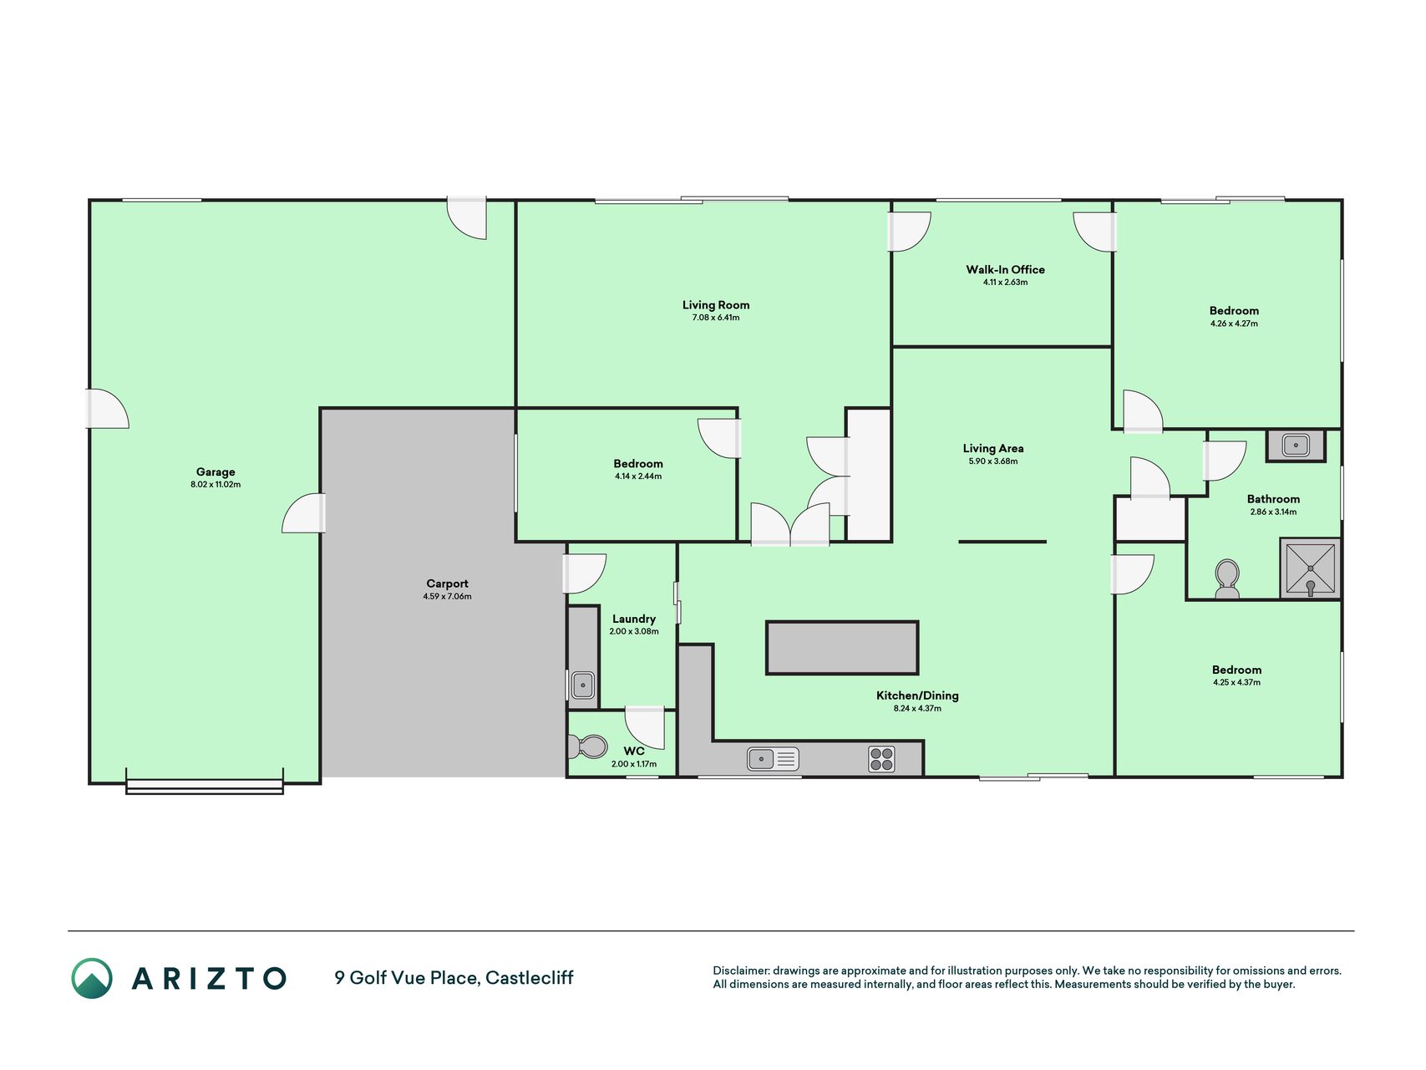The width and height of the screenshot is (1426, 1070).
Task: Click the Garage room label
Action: point(216,471)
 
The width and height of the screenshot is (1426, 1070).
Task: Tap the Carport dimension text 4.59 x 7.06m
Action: point(447,597)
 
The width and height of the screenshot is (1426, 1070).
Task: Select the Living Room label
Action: point(716,305)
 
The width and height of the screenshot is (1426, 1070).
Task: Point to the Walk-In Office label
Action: point(1006,269)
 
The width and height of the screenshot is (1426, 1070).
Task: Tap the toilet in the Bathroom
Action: point(1227,579)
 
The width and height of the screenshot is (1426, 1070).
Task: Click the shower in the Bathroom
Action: point(1310,568)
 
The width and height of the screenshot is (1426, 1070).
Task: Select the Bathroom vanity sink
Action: point(1296,446)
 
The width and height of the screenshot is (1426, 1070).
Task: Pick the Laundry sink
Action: point(583,685)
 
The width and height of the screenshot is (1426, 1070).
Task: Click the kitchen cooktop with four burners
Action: point(881,759)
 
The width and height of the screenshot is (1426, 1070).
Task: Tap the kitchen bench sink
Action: point(773,759)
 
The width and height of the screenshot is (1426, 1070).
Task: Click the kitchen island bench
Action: point(842,647)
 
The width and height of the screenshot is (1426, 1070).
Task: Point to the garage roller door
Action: point(205,786)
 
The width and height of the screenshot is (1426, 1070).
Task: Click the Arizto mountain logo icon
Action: point(92,978)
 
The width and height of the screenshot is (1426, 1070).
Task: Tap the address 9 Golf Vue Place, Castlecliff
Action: point(454,978)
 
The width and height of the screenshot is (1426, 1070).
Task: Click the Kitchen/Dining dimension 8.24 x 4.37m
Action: point(917,709)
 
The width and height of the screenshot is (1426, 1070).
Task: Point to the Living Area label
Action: point(993,448)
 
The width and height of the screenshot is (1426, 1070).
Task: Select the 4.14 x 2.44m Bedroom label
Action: point(638,463)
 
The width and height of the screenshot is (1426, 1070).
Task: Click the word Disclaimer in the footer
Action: point(740,971)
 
